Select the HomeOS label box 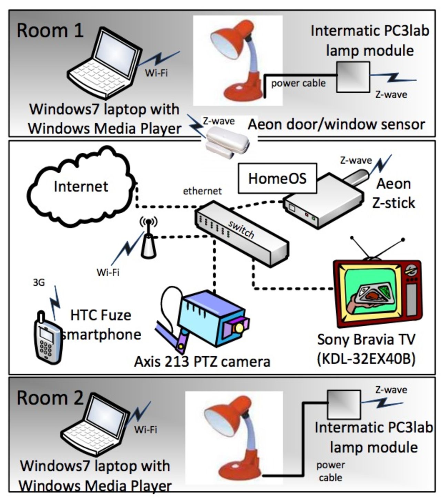(277, 179)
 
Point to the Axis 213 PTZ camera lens (238, 327)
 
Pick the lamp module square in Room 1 (353, 77)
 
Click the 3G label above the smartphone (39, 283)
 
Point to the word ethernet (202, 191)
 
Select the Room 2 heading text (50, 398)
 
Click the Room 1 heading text (50, 30)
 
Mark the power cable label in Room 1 (298, 83)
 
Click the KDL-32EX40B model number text (366, 359)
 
